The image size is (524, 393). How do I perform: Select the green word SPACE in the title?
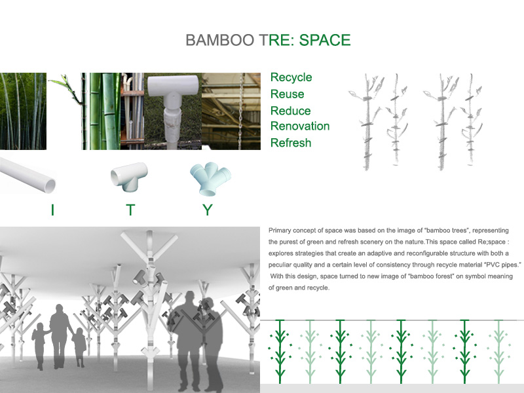(x=325, y=40)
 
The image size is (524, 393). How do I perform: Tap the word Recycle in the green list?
(x=291, y=77)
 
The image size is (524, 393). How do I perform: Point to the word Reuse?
(x=287, y=94)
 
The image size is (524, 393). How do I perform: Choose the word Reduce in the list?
(x=290, y=111)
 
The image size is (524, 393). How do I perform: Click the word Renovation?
(x=300, y=126)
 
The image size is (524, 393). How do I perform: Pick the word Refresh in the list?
(x=291, y=143)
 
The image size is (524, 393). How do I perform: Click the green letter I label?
(x=52, y=210)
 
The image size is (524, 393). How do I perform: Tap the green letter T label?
(x=130, y=210)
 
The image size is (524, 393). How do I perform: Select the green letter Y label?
(x=208, y=210)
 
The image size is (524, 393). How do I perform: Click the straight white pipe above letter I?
(x=28, y=176)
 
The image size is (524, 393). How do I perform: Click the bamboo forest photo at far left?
(x=23, y=111)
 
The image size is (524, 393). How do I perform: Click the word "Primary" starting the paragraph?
(x=282, y=231)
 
